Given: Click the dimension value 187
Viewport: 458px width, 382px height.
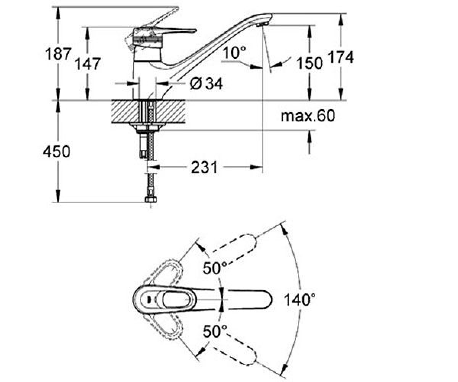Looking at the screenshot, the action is point(58,54).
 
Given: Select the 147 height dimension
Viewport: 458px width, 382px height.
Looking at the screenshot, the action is point(88,64).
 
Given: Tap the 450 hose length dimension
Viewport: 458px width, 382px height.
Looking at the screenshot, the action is point(56,152).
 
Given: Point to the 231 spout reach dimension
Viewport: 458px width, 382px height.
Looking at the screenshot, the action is point(204,167).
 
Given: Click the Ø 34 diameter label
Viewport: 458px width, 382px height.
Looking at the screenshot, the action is point(206,84).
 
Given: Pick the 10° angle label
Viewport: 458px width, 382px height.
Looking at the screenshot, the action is point(234,53).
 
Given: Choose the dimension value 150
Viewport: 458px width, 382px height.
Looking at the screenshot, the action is point(310,63).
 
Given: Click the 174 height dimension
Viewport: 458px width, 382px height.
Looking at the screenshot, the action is point(341,57).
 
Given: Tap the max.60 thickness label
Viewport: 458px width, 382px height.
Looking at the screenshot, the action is point(308,116).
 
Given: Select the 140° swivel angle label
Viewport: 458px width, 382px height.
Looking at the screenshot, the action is point(300,300).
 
